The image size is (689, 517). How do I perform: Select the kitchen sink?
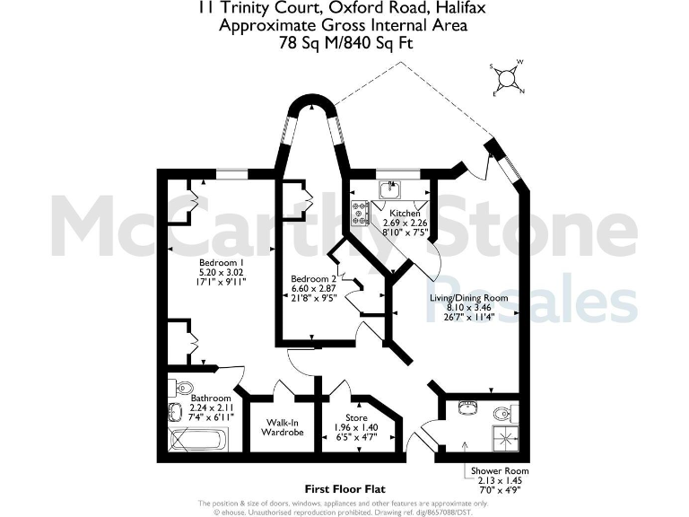391,189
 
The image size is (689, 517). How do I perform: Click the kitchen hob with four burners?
361,213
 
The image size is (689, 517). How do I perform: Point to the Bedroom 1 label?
221,261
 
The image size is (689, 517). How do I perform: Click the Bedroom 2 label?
313,279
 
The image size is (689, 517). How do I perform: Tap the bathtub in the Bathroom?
198,441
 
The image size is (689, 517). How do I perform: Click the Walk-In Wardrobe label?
283,426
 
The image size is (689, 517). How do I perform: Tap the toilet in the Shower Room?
503,412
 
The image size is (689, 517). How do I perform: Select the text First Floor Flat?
344,489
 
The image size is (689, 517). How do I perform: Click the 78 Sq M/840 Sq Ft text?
344,42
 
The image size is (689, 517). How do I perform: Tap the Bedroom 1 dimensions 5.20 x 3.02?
221,271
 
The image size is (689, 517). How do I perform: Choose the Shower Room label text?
501,470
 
